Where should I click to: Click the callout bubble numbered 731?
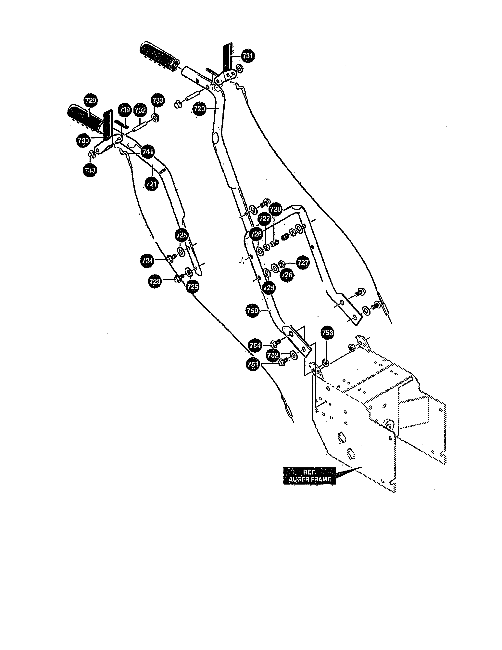(248, 56)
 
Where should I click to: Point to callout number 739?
(125, 110)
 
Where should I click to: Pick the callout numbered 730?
(83, 140)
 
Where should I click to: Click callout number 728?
(276, 209)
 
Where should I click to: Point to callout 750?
(253, 311)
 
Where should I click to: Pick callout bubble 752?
(273, 355)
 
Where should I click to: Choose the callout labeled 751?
(253, 364)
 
